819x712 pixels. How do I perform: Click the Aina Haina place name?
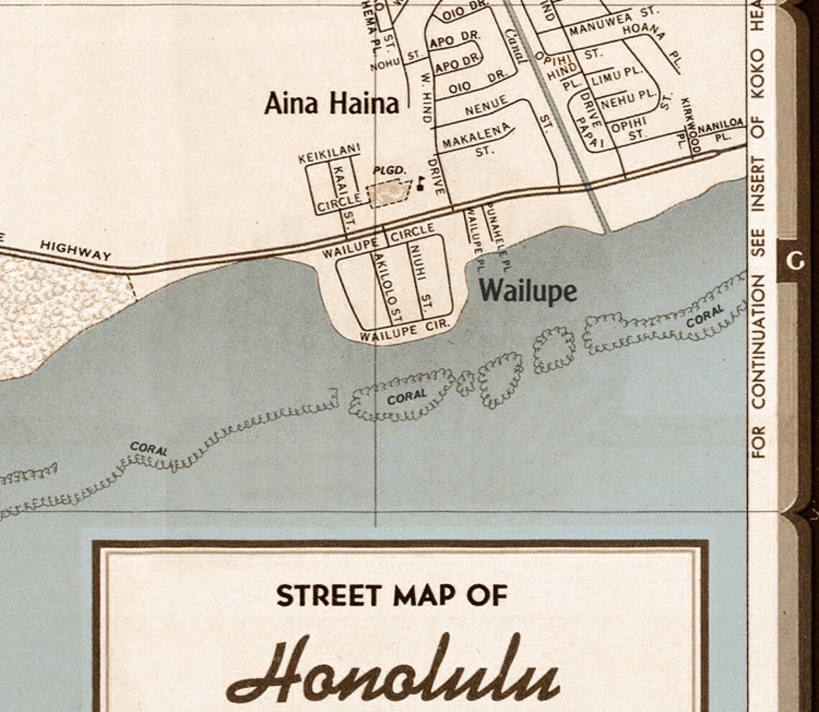tap(331, 103)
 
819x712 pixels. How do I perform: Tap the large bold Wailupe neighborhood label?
tap(528, 291)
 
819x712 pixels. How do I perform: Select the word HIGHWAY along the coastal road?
tap(75, 250)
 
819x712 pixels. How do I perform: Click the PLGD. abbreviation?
tap(390, 170)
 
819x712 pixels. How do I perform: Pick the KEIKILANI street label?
tap(329, 153)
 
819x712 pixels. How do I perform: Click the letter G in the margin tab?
tap(795, 261)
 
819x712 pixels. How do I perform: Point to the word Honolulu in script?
tap(392, 671)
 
